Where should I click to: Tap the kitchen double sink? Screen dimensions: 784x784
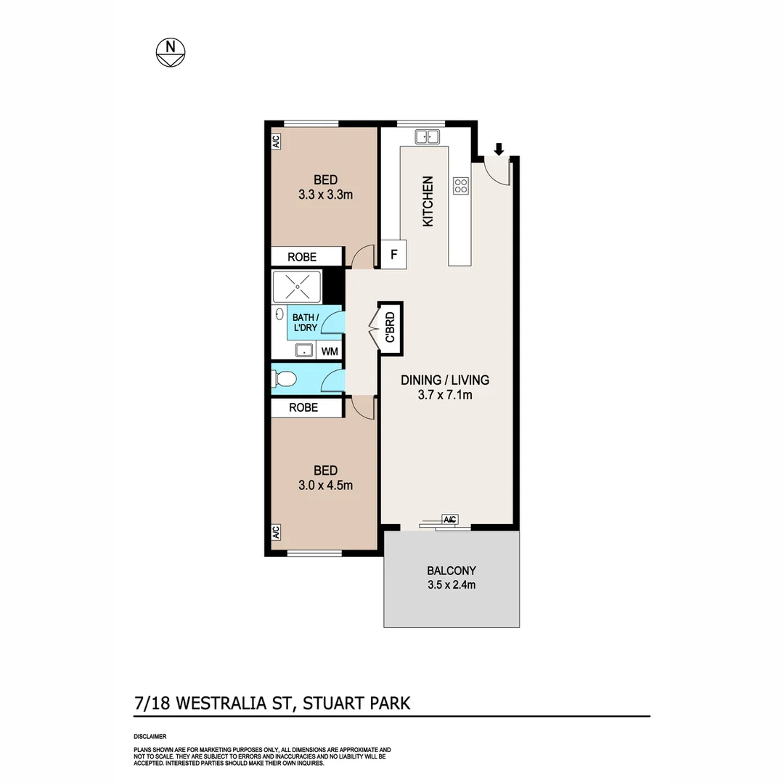[x=428, y=136]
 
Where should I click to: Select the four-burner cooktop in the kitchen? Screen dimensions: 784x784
[x=461, y=186]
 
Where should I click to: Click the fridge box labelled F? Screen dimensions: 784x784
[x=394, y=255]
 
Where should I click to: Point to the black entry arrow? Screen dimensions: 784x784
[x=499, y=150]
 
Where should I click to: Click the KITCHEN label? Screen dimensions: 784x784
[x=428, y=201]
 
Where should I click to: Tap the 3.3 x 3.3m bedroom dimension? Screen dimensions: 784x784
[x=325, y=195]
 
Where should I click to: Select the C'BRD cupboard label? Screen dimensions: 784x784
[x=390, y=327]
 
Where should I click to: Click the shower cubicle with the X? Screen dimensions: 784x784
[x=297, y=287]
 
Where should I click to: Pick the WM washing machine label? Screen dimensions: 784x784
[x=330, y=351]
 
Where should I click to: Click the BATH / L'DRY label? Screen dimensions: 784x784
[x=308, y=323]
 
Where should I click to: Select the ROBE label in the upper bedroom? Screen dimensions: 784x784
[x=303, y=256]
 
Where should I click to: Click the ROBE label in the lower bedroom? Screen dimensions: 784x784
[x=303, y=408]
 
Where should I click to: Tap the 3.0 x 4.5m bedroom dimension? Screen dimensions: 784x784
[x=325, y=486]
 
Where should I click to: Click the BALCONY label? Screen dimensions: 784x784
[x=452, y=571]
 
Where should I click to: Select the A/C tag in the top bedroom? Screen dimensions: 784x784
[x=277, y=142]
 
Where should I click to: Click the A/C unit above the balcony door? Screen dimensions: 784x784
[x=449, y=519]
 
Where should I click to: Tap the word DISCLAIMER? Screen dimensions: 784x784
[x=150, y=736]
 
